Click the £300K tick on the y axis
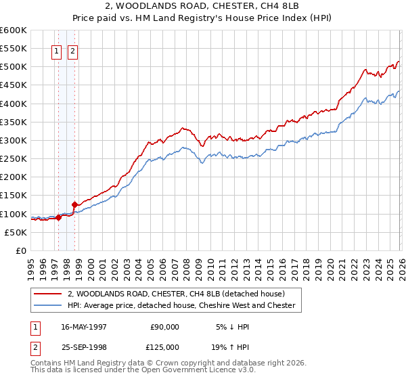tap(14, 140)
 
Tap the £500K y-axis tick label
tap(14, 67)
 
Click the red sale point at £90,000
tap(59, 217)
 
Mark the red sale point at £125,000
tap(74, 204)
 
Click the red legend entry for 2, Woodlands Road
tap(176, 294)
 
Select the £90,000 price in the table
tap(164, 326)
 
